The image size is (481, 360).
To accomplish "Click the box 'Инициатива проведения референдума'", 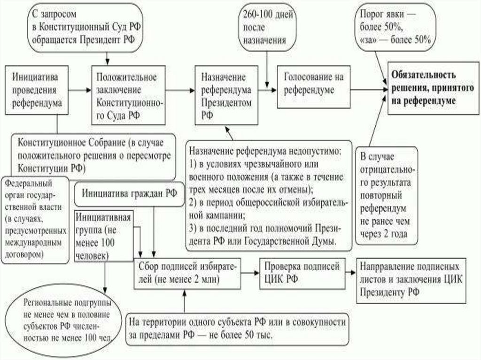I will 35,89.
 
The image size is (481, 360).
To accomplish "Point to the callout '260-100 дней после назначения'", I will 264,27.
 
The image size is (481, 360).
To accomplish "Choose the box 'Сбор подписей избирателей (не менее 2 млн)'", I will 188,273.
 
